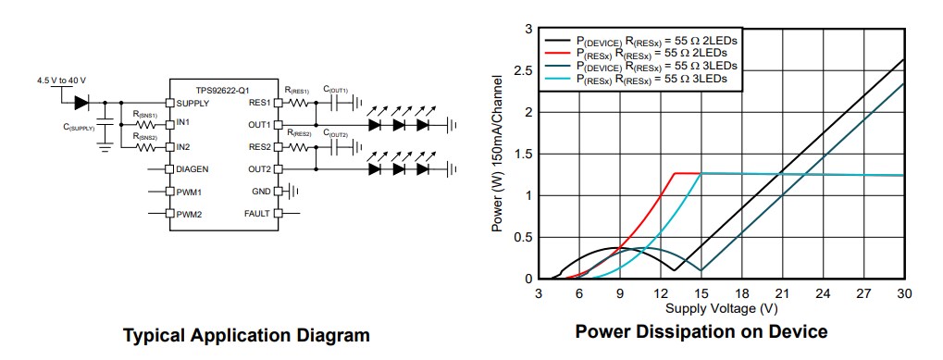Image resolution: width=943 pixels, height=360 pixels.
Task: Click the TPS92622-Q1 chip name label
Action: [222, 90]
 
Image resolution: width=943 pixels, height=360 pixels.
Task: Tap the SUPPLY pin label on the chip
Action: [192, 103]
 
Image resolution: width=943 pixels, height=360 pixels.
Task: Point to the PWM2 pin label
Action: [189, 214]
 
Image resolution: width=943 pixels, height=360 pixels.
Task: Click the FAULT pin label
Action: [256, 214]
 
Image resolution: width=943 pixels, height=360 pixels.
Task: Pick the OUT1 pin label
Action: [259, 125]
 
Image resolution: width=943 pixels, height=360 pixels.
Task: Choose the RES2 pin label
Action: [259, 147]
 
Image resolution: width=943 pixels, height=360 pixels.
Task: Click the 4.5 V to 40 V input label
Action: [61, 81]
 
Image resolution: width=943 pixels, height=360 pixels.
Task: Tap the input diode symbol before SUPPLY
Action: [81, 103]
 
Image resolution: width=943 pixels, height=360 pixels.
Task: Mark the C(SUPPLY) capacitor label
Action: [79, 128]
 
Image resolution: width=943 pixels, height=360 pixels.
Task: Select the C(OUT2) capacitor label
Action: [335, 135]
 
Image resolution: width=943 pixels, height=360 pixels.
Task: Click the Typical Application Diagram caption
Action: [246, 335]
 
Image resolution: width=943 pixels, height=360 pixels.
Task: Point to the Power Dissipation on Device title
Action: [701, 331]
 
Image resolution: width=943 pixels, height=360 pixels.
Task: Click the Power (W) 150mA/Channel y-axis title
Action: [501, 154]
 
